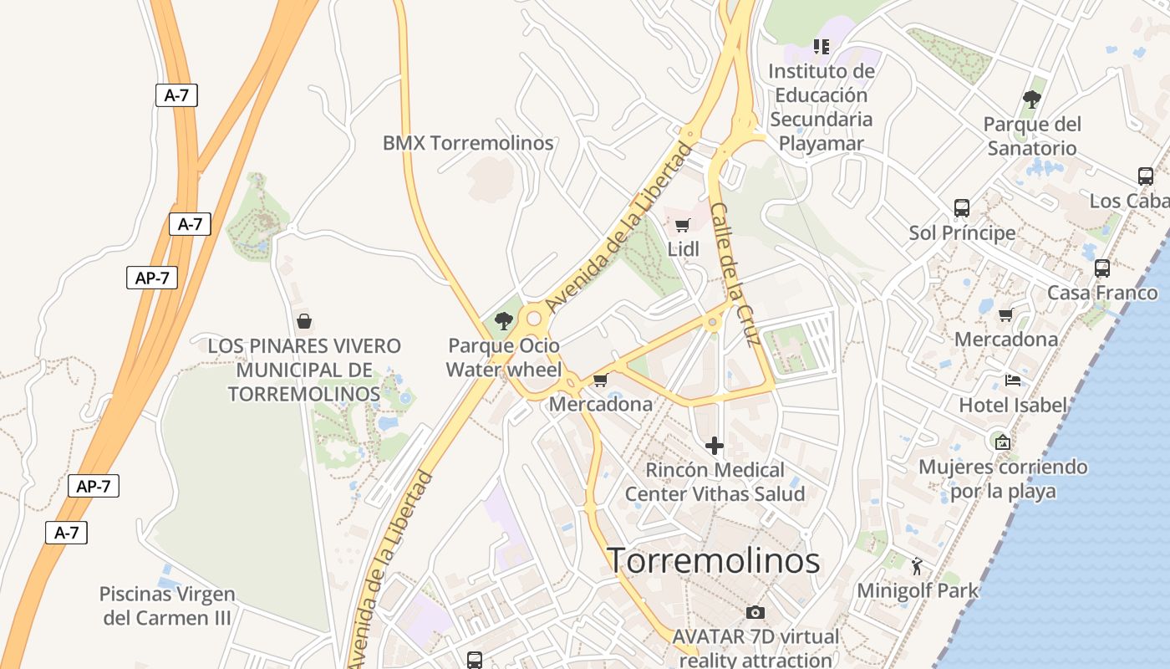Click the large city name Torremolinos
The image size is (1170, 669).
tap(713, 560)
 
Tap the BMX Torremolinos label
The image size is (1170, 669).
tap(468, 143)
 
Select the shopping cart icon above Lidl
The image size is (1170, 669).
tap(683, 225)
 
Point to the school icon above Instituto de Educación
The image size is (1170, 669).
tap(822, 47)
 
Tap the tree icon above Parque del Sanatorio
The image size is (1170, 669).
tap(1032, 100)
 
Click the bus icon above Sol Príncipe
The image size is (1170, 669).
tap(962, 207)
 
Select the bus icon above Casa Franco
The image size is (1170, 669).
tap(1102, 268)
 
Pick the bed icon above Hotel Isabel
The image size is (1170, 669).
tap(1013, 380)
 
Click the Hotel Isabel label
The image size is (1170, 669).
tap(1013, 406)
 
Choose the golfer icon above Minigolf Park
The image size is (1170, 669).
tap(918, 566)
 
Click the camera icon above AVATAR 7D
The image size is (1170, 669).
tap(755, 612)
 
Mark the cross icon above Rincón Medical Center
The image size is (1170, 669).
tap(715, 446)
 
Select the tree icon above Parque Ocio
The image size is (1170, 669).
tap(504, 320)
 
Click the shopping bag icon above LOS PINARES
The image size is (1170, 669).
tap(304, 321)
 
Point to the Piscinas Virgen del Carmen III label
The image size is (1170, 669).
tap(167, 606)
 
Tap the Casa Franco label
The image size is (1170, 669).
tap(1102, 293)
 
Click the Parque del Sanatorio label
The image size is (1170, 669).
tap(1032, 136)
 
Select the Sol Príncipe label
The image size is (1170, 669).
tap(962, 232)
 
